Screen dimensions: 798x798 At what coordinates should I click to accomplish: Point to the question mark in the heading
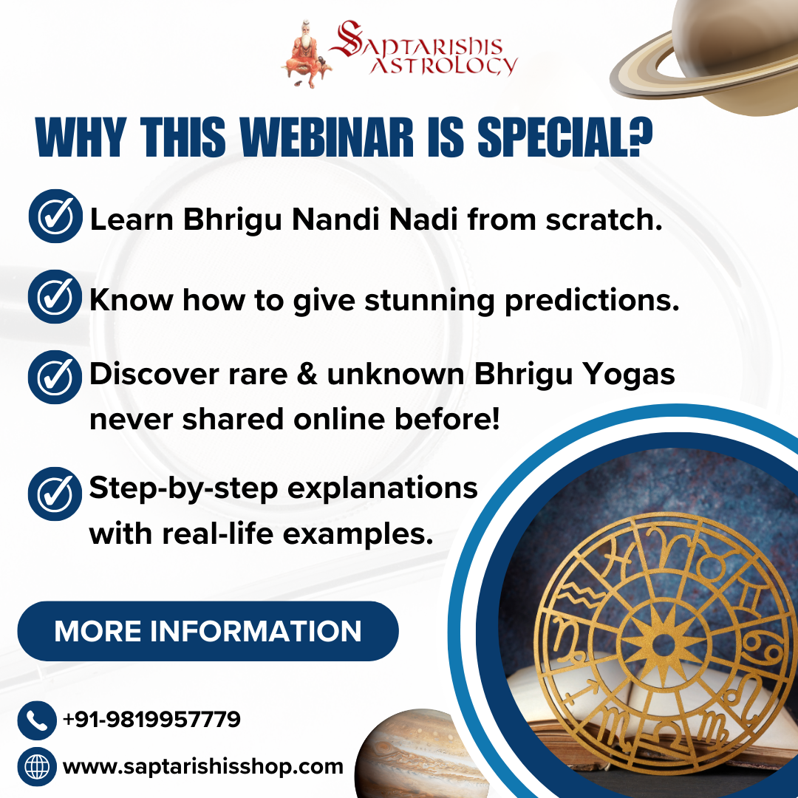(640, 136)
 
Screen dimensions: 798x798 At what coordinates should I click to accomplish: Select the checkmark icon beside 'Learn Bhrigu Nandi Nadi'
(55, 216)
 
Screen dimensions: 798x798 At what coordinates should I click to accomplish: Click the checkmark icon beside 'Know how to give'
(55, 296)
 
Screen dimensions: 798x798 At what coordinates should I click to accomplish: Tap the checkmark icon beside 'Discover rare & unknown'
(55, 377)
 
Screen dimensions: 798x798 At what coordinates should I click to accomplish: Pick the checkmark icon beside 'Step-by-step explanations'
(55, 494)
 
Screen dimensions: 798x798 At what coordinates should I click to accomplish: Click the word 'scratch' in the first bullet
(604, 219)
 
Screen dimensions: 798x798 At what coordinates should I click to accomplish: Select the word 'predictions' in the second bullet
(592, 301)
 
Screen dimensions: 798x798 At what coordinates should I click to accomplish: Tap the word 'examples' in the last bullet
(358, 535)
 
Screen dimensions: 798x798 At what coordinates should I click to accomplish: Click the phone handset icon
(37, 720)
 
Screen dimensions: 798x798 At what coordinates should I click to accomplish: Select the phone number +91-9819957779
(151, 719)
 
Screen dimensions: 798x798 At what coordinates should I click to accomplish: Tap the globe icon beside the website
(37, 766)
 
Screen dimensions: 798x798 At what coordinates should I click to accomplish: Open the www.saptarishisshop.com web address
(203, 767)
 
